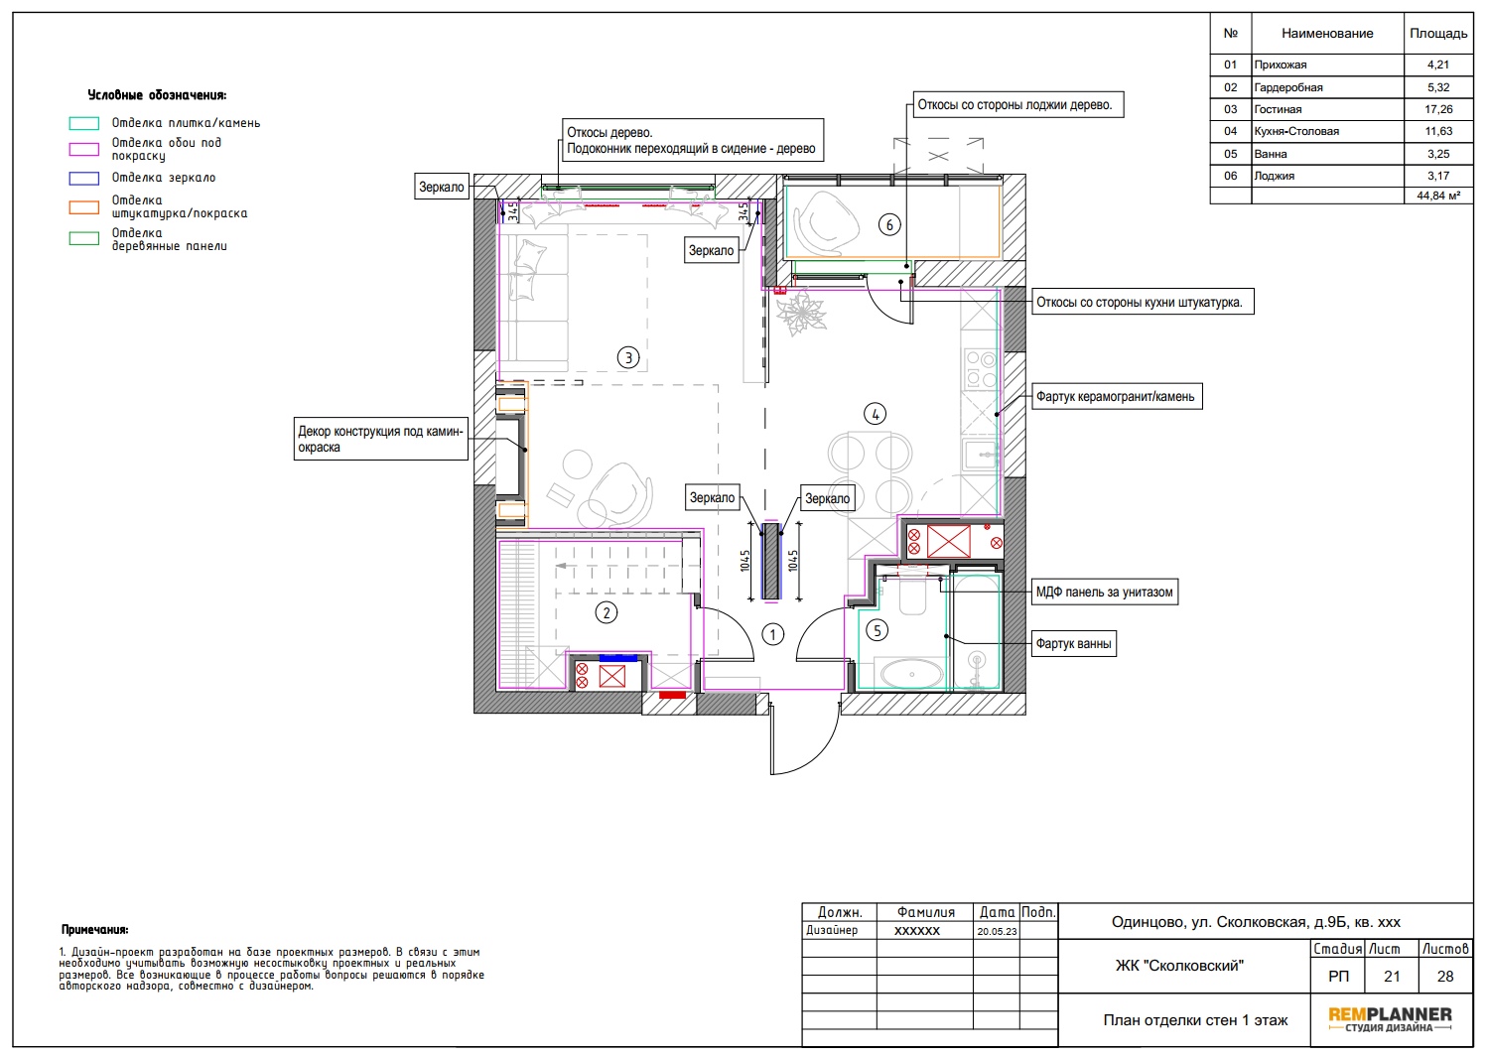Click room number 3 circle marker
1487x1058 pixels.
[x=628, y=357]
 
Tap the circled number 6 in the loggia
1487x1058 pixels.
[x=889, y=225]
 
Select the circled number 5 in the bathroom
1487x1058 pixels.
[x=877, y=630]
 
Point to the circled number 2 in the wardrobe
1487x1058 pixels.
[x=606, y=612]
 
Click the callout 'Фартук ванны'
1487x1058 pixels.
[x=1073, y=643]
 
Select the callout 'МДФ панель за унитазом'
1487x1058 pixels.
[x=1105, y=592]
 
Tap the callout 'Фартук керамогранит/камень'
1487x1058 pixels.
[x=1116, y=396]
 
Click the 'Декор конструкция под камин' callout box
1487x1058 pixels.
[x=381, y=439]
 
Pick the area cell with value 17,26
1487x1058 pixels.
[x=1438, y=109]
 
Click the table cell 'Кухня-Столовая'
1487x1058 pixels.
[x=1327, y=131]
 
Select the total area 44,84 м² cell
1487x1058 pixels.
[x=1438, y=196]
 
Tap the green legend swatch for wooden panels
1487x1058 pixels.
[x=84, y=238]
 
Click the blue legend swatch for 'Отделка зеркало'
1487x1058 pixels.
[x=84, y=178]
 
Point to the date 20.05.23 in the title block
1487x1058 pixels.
[x=997, y=931]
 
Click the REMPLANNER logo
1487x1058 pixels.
[x=1390, y=1019]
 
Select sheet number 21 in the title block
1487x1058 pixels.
[x=1392, y=976]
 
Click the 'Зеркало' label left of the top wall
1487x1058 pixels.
[x=442, y=188]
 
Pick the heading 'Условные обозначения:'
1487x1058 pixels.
[x=157, y=95]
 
